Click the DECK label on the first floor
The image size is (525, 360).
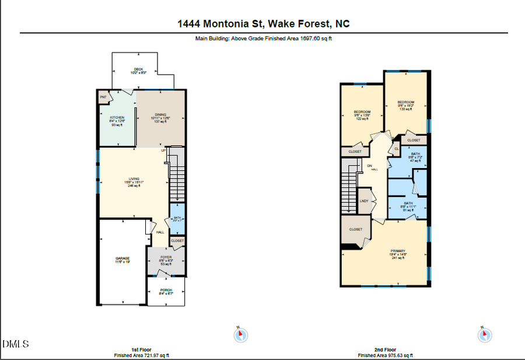click(x=138, y=69)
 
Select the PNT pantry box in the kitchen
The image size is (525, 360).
click(x=103, y=97)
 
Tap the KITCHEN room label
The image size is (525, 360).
click(x=117, y=118)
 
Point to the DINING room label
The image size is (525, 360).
click(x=160, y=114)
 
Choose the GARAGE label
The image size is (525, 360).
click(x=122, y=258)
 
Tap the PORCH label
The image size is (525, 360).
click(x=166, y=290)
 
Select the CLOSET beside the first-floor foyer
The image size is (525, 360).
click(x=177, y=240)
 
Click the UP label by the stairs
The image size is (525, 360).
click(x=164, y=150)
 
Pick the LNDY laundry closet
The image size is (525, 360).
click(x=365, y=201)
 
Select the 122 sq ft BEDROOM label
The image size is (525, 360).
click(x=362, y=112)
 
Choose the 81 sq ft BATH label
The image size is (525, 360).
click(x=407, y=204)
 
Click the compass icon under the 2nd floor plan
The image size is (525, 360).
click(x=484, y=335)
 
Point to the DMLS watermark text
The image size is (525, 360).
click(x=16, y=344)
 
